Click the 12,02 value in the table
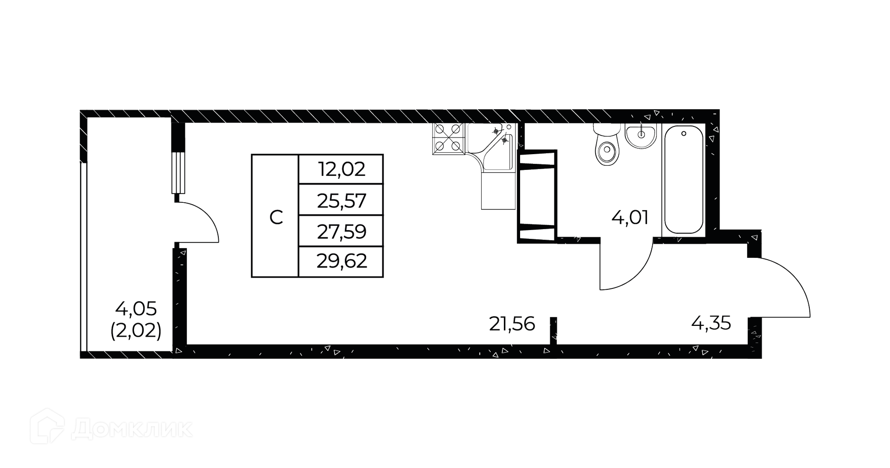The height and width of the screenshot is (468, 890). click(342, 169)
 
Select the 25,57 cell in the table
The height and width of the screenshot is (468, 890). click(342, 201)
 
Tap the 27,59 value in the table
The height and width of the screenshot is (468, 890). click(342, 231)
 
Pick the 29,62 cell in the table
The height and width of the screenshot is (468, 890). click(342, 262)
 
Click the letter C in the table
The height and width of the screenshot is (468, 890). click(276, 217)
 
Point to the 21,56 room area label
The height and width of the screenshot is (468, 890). click(512, 324)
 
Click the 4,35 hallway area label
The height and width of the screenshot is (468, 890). click(711, 323)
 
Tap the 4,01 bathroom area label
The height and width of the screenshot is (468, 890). click(629, 218)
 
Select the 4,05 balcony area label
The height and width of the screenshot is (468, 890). click(136, 308)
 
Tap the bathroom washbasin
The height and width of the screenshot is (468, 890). click(641, 135)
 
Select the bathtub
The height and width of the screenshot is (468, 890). click(684, 180)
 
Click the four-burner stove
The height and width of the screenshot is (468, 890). click(448, 138)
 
